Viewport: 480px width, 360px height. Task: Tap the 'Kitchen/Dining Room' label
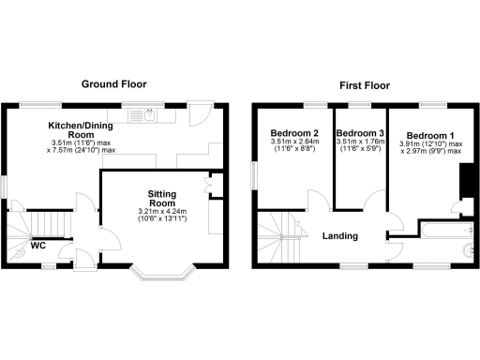pyautogui.click(x=82, y=128)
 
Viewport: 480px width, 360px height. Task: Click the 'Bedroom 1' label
pyautogui.click(x=430, y=135)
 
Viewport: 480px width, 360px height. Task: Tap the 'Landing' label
pyautogui.click(x=341, y=235)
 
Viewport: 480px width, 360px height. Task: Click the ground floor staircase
pyautogui.click(x=45, y=225)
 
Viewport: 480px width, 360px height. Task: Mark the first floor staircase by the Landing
pyautogui.click(x=280, y=238)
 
